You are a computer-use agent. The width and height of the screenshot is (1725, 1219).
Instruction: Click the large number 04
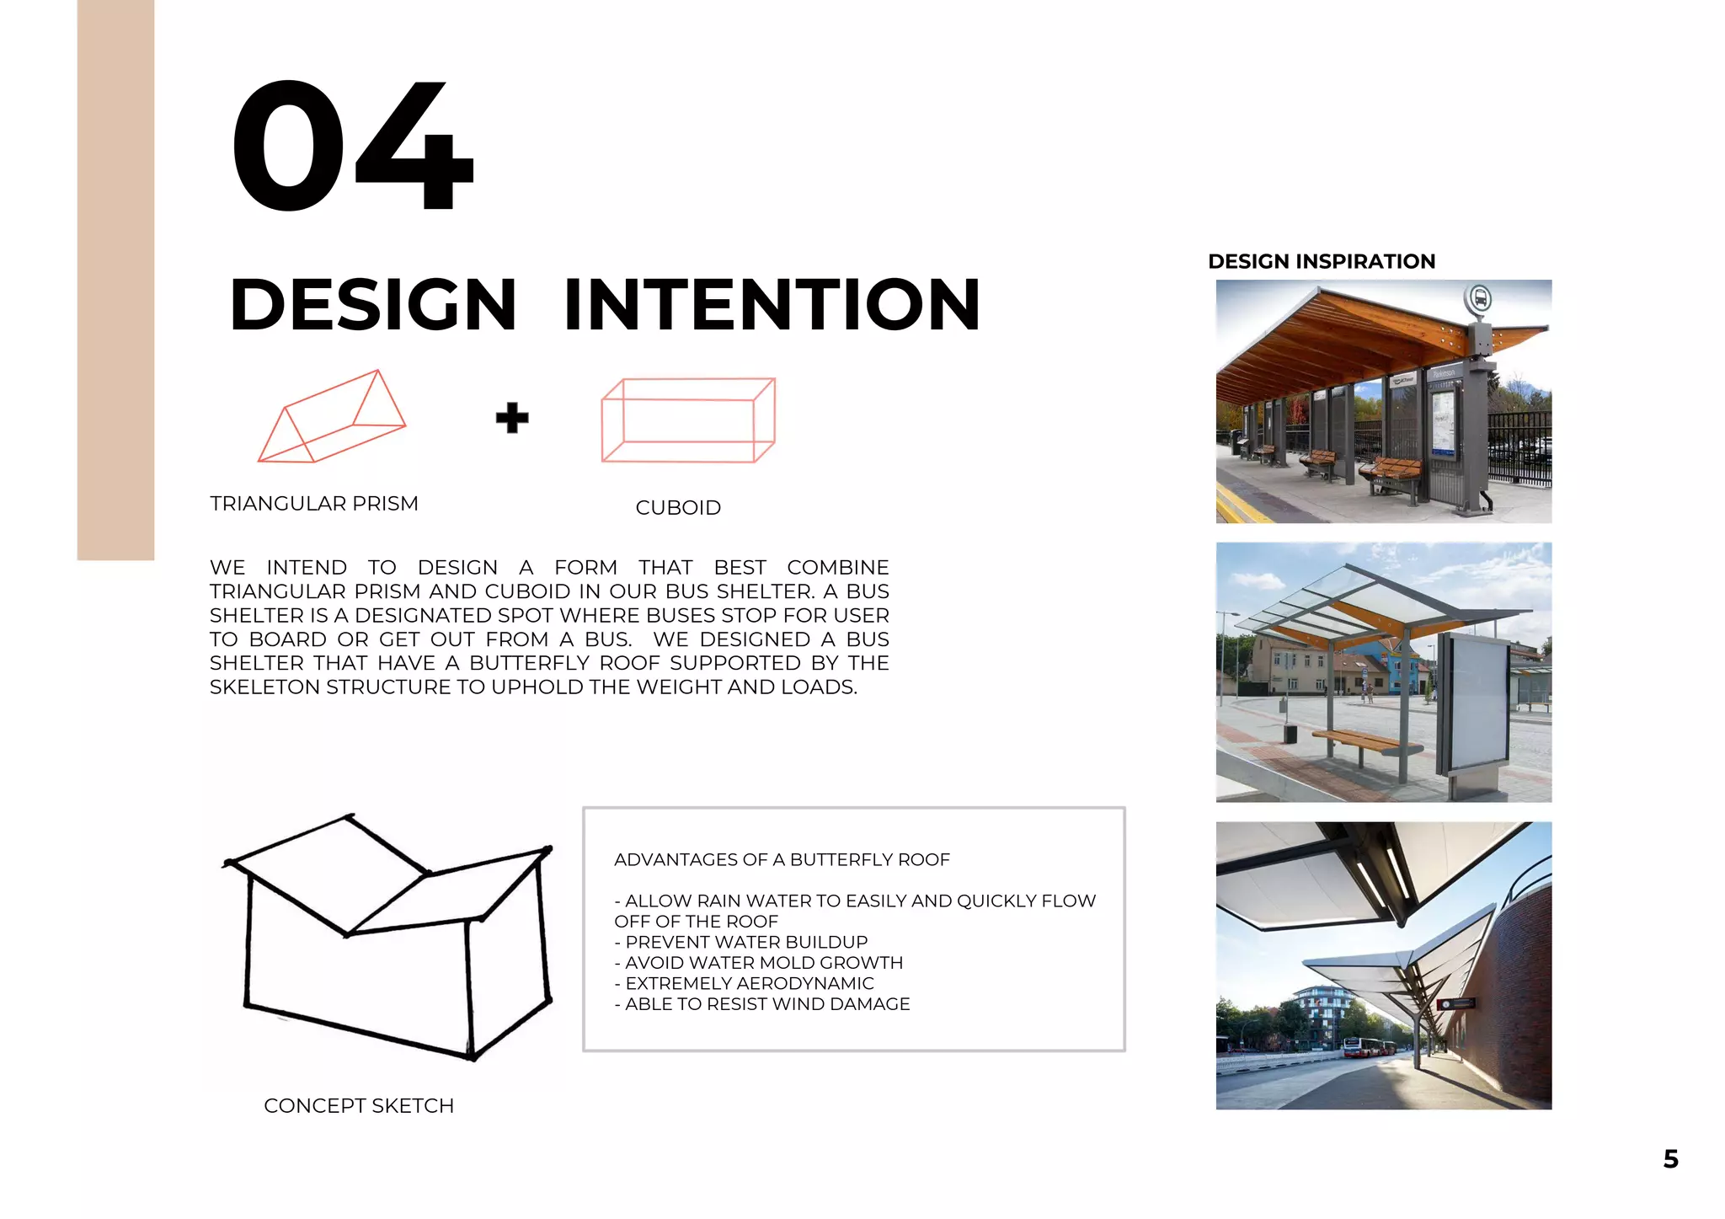pos(352,145)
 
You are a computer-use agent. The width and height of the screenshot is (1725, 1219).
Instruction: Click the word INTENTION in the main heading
pos(772,305)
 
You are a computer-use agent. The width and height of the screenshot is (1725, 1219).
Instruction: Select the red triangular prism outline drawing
pos(331,418)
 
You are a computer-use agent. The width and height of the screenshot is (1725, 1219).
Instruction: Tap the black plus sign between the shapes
pos(512,418)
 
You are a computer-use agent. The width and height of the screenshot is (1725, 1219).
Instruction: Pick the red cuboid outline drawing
pos(687,420)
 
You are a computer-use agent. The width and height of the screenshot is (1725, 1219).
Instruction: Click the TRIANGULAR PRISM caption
pos(314,504)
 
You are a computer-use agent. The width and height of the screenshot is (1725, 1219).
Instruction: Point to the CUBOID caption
pos(678,508)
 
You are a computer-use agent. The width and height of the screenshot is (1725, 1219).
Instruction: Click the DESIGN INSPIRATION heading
pos(1321,262)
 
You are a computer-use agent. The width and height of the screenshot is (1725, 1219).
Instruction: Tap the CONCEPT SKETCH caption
pos(359,1106)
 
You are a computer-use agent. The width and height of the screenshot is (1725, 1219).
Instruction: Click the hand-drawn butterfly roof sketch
pos(387,935)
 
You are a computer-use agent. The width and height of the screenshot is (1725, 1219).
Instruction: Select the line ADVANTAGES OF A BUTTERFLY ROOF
pos(782,860)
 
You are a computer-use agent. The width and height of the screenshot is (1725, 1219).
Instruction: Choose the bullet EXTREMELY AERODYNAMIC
pos(749,983)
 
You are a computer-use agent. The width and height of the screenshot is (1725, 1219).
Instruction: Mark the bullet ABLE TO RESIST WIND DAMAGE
pos(766,1004)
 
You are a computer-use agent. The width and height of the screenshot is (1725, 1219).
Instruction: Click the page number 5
pos(1671,1159)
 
